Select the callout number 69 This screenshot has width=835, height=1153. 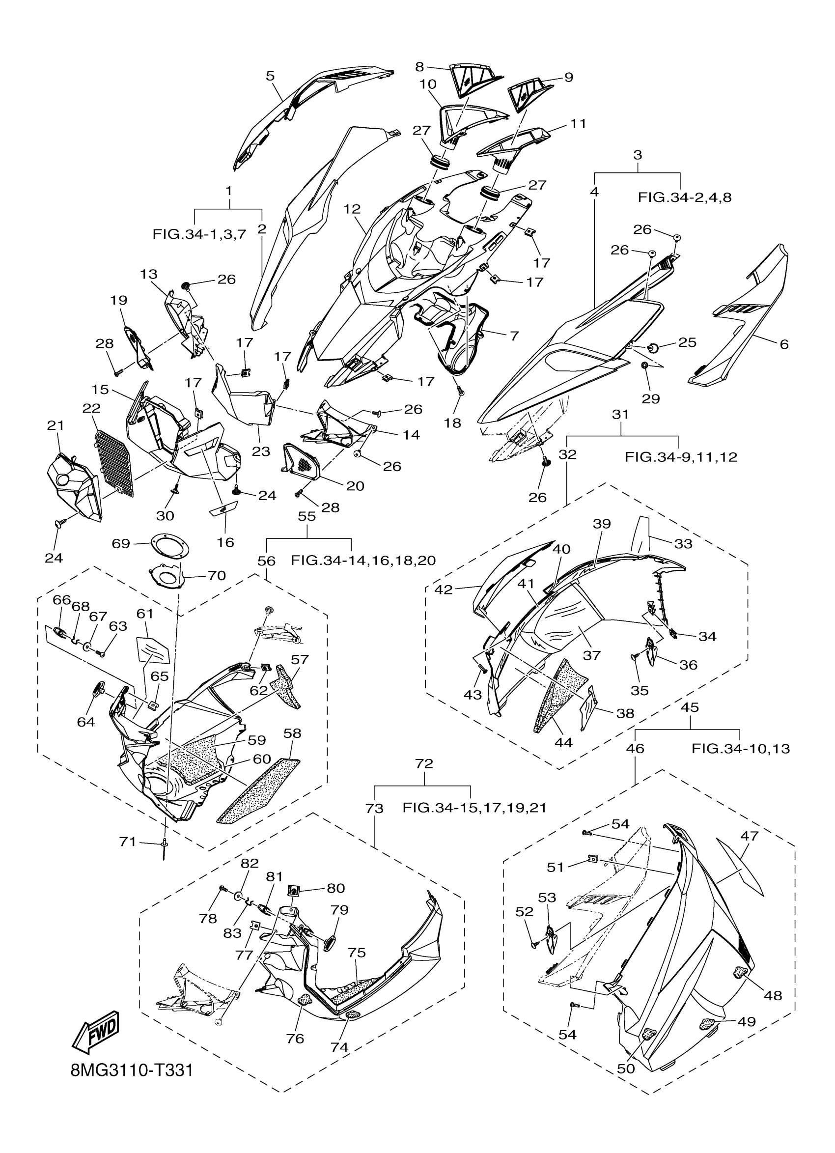(x=120, y=543)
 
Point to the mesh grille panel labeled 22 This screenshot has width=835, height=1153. (x=115, y=463)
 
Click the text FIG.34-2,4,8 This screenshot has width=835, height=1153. (x=684, y=198)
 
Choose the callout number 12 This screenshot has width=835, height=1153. (x=352, y=209)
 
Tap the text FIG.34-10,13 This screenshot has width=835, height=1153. (x=741, y=748)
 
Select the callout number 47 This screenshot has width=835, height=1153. (x=749, y=835)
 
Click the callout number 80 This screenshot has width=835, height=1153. (x=335, y=888)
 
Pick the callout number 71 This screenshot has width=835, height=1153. (x=128, y=842)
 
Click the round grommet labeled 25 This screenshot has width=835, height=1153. (x=652, y=348)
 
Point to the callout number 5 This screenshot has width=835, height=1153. (x=270, y=76)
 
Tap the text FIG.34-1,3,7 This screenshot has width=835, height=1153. (x=199, y=234)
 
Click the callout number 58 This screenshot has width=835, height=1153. (x=293, y=733)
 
